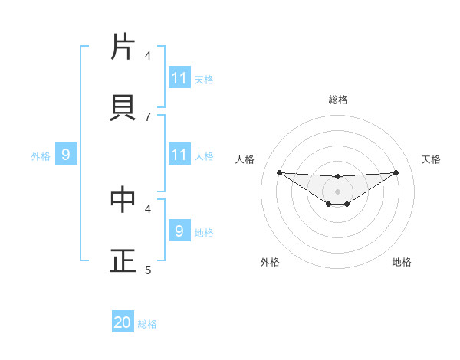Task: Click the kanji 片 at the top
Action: coord(123,47)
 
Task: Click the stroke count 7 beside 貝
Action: coord(148,116)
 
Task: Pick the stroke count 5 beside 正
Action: coord(148,270)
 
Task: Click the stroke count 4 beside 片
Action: coord(148,55)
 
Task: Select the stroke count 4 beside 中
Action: coord(148,208)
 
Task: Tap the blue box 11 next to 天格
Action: coord(179,78)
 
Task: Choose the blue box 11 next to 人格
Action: coord(179,155)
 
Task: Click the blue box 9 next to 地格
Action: coord(179,231)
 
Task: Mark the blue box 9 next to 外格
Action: coord(66,155)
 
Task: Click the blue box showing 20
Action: coord(123,322)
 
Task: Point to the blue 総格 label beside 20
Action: coord(147,324)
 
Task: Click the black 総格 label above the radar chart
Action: coord(338,100)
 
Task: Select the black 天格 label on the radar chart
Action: coord(432,159)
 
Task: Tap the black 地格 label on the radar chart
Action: coord(402,262)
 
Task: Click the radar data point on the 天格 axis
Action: coord(396,172)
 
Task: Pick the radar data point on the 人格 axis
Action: coord(279,172)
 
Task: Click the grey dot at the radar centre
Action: coord(337,191)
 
